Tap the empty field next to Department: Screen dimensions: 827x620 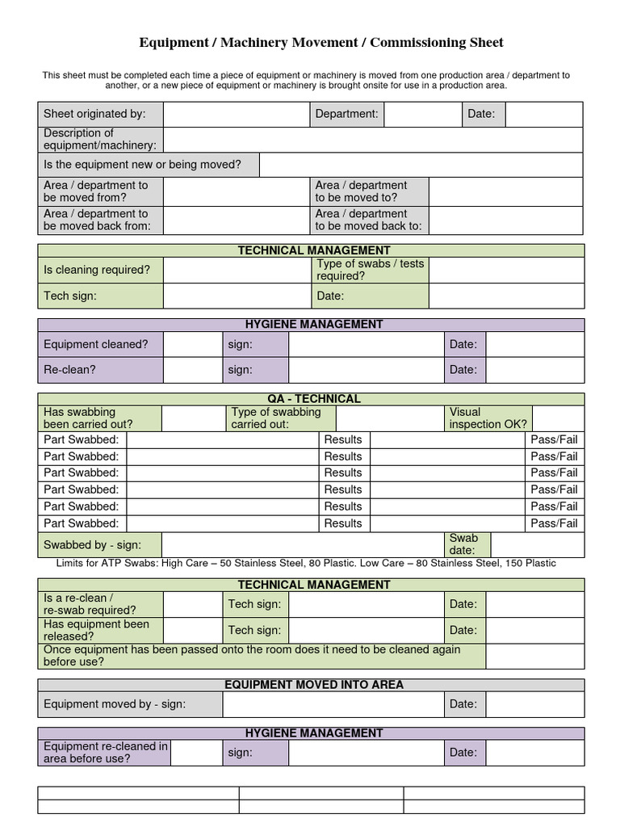pos(422,114)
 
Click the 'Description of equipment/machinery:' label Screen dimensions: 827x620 pos(100,139)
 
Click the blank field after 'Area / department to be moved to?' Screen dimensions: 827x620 pos(505,191)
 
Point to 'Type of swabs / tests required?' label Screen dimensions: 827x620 pos(371,270)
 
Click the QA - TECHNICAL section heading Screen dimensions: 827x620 pos(314,399)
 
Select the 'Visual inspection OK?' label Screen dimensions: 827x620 pos(488,418)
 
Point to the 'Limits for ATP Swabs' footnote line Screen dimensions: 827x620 pos(306,563)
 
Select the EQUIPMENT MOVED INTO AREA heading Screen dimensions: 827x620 pos(314,685)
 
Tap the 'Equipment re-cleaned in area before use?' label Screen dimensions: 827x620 pos(105,753)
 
